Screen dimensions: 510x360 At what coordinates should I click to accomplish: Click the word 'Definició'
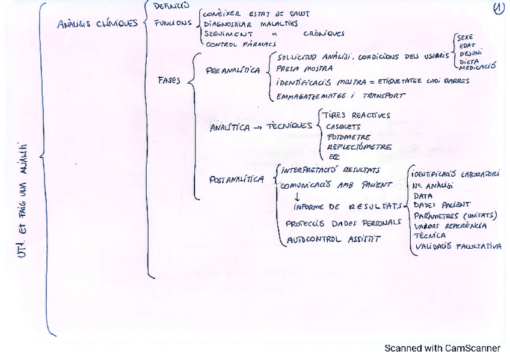tap(171, 7)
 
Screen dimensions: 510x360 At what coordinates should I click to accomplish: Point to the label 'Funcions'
tap(173, 23)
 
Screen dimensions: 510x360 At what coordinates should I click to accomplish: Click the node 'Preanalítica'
tap(233, 70)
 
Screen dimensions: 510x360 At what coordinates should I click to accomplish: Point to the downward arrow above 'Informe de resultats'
tap(296, 196)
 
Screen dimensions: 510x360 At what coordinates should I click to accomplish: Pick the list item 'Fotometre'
tap(348, 136)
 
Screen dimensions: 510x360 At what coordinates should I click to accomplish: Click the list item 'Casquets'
tap(343, 127)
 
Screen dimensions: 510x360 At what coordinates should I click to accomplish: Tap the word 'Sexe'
tap(465, 37)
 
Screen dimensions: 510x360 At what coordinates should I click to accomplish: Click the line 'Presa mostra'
tap(304, 69)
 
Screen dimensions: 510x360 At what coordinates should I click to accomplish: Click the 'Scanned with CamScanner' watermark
tap(442, 348)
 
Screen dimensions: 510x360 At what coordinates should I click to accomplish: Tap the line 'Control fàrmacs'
tap(241, 44)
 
